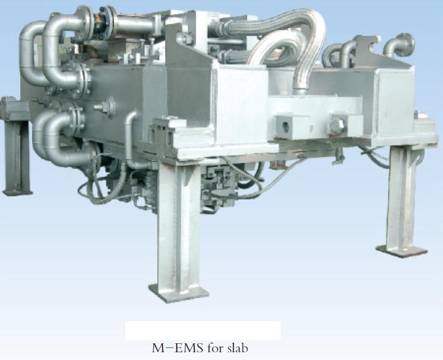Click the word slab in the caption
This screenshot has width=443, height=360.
tap(238, 348)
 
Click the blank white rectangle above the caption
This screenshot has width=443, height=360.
tap(203, 331)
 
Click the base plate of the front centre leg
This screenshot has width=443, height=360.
tap(179, 293)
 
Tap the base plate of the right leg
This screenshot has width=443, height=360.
tap(401, 251)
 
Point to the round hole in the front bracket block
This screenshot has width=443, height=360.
tap(286, 127)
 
